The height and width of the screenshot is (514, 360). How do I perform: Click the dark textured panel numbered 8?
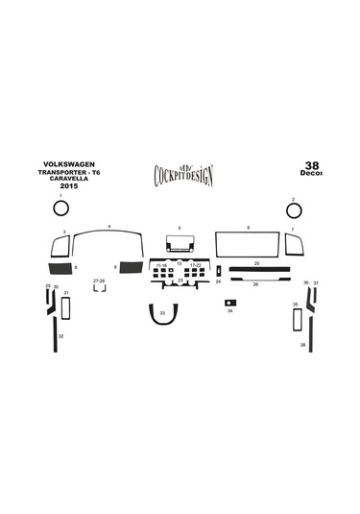59,269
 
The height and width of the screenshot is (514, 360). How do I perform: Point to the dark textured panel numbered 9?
128,268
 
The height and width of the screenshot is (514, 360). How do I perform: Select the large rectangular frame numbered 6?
248,245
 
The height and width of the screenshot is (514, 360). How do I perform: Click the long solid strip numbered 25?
257,269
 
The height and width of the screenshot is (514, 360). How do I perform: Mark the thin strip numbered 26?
255,280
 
